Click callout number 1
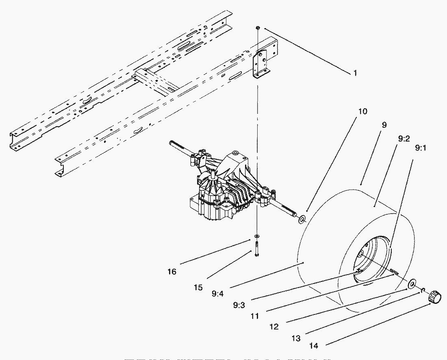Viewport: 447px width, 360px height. (x=355, y=73)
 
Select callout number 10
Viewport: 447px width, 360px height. (x=362, y=111)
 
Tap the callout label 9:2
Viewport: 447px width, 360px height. (x=404, y=139)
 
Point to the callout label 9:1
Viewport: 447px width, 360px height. (x=420, y=148)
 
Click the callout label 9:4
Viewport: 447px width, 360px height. (x=217, y=293)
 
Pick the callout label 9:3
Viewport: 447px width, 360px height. (x=239, y=305)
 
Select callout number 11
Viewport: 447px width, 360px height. (x=255, y=316)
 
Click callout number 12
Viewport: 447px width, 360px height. (x=274, y=327)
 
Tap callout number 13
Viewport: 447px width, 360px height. (x=296, y=338)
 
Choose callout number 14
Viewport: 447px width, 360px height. (x=314, y=346)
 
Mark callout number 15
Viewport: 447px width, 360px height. (x=198, y=287)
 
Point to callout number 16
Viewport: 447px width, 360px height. (x=172, y=272)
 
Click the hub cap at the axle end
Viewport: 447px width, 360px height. (x=434, y=296)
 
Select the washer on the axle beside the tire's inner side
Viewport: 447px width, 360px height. (x=302, y=220)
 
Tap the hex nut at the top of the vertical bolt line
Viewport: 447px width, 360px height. (x=258, y=27)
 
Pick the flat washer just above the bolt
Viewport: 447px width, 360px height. (x=256, y=236)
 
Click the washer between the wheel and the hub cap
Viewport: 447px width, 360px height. (x=411, y=284)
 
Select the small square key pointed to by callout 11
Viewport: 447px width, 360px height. (x=393, y=271)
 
